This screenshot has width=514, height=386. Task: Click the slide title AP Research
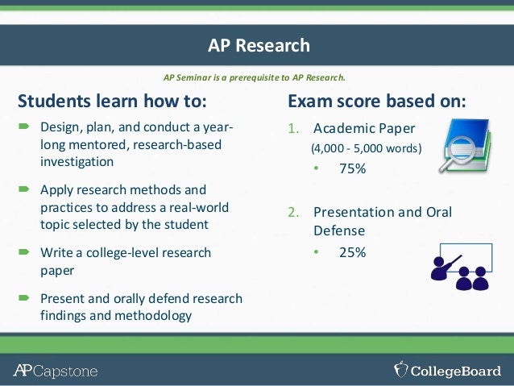(258, 45)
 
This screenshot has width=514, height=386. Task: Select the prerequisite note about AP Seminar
(254, 78)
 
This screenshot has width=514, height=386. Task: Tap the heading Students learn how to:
(112, 102)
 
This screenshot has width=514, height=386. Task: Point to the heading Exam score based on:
(376, 102)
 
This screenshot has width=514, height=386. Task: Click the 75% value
(352, 168)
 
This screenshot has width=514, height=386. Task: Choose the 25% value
(352, 252)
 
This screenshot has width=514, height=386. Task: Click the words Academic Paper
(364, 129)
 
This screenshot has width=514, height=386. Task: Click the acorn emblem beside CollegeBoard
(400, 370)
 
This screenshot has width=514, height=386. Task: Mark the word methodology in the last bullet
(155, 315)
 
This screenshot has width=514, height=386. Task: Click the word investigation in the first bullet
(77, 160)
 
